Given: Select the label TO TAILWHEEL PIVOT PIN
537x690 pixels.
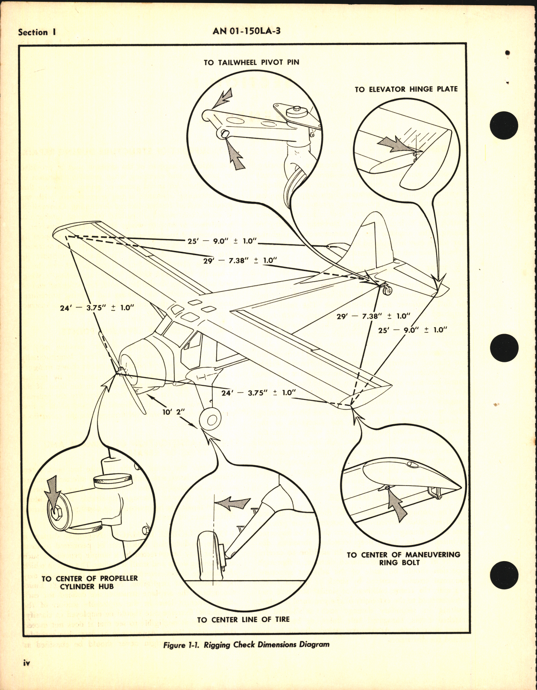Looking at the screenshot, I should pyautogui.click(x=251, y=62).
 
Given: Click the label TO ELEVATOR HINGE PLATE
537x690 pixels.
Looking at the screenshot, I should pyautogui.click(x=406, y=89).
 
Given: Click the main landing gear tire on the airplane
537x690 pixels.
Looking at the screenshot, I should pyautogui.click(x=209, y=420).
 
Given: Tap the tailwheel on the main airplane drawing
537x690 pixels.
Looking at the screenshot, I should pyautogui.click(x=388, y=291).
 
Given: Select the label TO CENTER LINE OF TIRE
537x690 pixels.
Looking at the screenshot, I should pyautogui.click(x=243, y=619).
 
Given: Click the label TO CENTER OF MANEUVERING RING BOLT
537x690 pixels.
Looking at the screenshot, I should pyautogui.click(x=403, y=559).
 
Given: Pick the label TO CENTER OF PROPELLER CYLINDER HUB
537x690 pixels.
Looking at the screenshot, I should pyautogui.click(x=90, y=582).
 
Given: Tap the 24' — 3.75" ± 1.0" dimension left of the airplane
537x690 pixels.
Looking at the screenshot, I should pyautogui.click(x=97, y=307).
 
